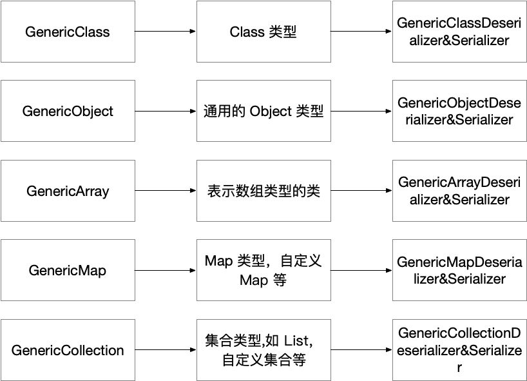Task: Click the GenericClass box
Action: pyautogui.click(x=68, y=32)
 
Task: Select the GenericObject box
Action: pyautogui.click(x=68, y=111)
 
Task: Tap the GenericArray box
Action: pyautogui.click(x=68, y=191)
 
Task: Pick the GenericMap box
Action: pyautogui.click(x=68, y=271)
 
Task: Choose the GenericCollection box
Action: pyautogui.click(x=68, y=351)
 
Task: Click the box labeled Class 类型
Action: pyautogui.click(x=263, y=32)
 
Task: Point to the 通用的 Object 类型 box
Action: pyautogui.click(x=263, y=111)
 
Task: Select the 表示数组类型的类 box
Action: pyautogui.click(x=263, y=191)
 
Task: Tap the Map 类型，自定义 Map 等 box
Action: pyautogui.click(x=263, y=271)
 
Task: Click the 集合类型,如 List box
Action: pyautogui.click(x=263, y=351)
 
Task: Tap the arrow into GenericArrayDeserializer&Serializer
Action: pyautogui.click(x=361, y=191)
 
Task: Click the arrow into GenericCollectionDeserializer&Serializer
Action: pyautogui.click(x=361, y=351)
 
